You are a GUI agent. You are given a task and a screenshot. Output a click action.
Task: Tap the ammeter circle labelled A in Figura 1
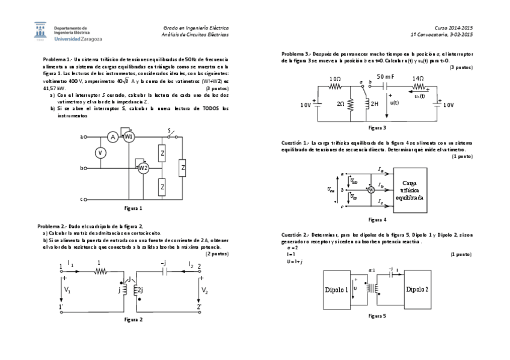(x=112, y=138)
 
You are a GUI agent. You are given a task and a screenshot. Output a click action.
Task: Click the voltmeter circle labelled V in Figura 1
(x=101, y=153)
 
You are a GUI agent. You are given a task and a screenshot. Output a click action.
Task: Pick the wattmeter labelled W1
(x=128, y=137)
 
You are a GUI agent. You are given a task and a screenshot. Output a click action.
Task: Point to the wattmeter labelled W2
(x=143, y=168)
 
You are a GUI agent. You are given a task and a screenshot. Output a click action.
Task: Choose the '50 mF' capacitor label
(x=386, y=77)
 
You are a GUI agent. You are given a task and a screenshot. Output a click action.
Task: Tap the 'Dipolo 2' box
(x=417, y=289)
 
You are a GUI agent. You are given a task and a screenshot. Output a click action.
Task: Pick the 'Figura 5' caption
(x=376, y=315)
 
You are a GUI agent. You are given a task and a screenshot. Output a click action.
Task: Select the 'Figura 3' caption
(x=376, y=127)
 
